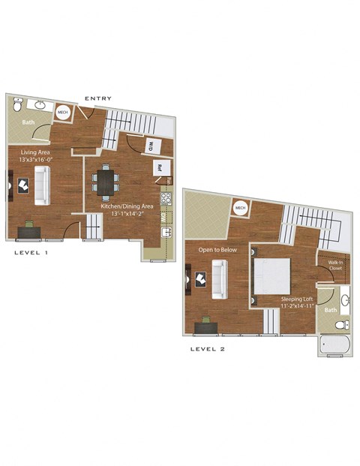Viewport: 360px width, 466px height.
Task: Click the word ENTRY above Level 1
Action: coord(98,98)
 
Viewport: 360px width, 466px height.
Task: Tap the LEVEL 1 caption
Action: coord(31,254)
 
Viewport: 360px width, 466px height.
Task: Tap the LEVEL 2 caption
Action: coord(208,349)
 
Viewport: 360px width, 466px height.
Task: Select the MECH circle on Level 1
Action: coord(63,113)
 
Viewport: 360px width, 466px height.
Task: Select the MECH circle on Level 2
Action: coord(240,208)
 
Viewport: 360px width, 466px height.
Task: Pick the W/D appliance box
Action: coord(150,144)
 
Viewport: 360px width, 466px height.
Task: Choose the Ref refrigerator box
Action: coord(160,168)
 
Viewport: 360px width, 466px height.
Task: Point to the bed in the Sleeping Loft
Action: coord(269,277)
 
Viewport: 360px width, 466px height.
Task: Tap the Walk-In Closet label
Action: coord(334,265)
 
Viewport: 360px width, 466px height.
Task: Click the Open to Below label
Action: coord(217,249)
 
